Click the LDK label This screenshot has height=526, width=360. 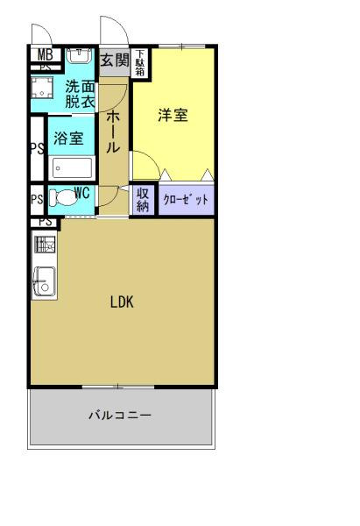[122, 302]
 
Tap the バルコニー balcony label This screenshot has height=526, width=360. [120, 415]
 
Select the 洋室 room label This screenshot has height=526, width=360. [173, 115]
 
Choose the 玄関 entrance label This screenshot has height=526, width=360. [114, 60]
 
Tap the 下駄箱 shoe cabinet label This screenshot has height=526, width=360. [140, 63]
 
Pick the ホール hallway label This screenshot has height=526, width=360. [113, 132]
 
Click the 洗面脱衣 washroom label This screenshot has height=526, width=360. [81, 93]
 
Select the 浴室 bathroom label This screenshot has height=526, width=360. [67, 139]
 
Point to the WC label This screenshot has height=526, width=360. [81, 191]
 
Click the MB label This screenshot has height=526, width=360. [45, 55]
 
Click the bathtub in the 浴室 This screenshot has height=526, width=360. [72, 167]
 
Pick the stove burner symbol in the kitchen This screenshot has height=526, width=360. [44, 245]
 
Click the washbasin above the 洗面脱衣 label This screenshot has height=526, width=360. [79, 56]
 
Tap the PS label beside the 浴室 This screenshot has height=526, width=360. [37, 148]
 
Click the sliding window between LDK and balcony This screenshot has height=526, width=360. [117, 386]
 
